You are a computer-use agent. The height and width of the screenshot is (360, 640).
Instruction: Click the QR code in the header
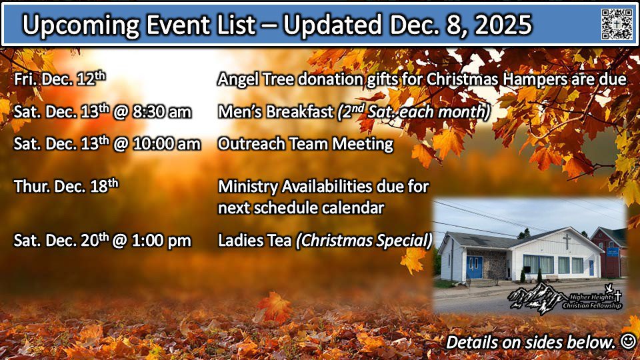pyautogui.click(x=616, y=24)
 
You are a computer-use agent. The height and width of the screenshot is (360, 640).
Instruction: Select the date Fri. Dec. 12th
pyautogui.click(x=59, y=79)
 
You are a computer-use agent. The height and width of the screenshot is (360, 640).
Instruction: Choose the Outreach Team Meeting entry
pyautogui.click(x=305, y=144)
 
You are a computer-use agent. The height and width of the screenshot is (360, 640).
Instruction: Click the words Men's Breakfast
pyautogui.click(x=275, y=112)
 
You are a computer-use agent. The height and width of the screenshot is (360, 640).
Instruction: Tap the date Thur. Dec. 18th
pyautogui.click(x=66, y=186)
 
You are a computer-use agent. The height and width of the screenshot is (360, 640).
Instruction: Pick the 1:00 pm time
pyautogui.click(x=161, y=241)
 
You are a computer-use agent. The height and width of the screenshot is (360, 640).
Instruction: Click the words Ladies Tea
pyautogui.click(x=254, y=241)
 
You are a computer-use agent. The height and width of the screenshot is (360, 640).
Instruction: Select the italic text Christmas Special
pyautogui.click(x=364, y=241)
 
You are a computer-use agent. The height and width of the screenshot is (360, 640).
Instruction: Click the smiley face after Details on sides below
pyautogui.click(x=628, y=341)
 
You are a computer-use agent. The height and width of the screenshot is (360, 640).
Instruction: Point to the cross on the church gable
pyautogui.click(x=567, y=241)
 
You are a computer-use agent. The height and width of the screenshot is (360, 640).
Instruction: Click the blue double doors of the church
pyautogui.click(x=474, y=267)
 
